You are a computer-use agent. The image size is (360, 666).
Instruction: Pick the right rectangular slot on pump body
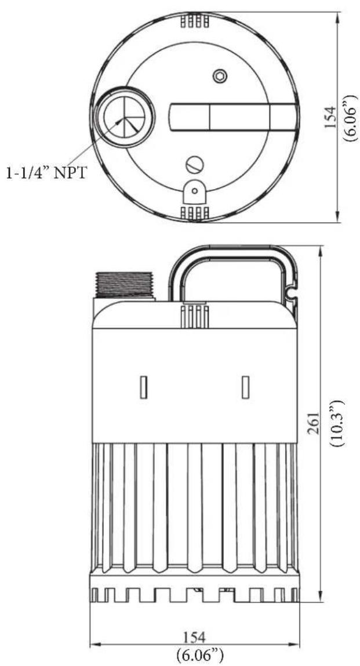246,387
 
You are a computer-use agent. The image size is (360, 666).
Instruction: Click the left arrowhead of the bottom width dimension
93,644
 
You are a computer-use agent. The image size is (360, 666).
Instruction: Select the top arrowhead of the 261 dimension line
321,248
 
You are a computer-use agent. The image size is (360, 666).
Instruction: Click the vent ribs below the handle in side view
195,317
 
